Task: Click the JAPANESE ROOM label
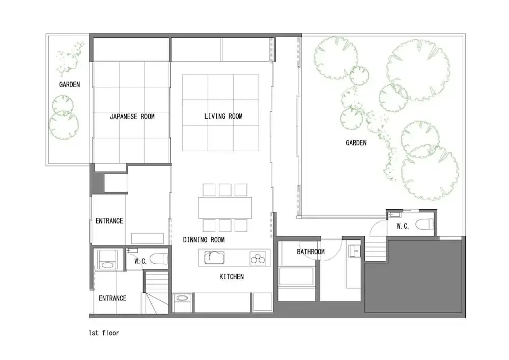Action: point(132,117)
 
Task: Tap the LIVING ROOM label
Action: point(223,116)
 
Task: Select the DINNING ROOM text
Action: point(204,240)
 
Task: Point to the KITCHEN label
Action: point(232,276)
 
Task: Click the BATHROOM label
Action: point(310,252)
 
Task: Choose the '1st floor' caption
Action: point(104,333)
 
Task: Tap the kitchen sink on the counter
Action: point(214,258)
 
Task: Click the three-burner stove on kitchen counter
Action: point(258,258)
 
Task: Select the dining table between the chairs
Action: point(225,208)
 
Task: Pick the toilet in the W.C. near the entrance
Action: point(159,259)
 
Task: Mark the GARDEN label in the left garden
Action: point(69,85)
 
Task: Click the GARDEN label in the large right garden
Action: point(356,143)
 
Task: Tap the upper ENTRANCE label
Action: point(109,221)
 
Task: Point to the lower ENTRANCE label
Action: point(112,298)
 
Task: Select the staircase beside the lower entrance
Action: point(156,292)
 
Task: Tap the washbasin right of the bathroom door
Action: point(354,251)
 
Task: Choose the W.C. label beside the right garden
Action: point(403,226)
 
